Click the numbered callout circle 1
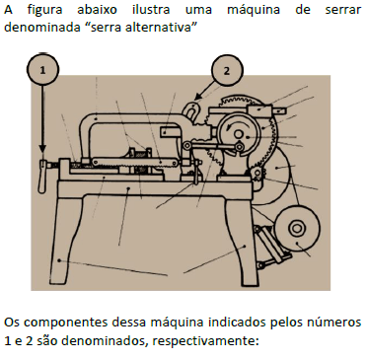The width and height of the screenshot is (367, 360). (x=42, y=70)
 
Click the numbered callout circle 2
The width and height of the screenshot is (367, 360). (x=227, y=70)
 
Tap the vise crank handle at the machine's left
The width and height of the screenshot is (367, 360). (x=42, y=176)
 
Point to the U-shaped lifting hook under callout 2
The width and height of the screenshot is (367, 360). (x=191, y=110)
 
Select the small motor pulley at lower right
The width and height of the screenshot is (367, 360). (x=297, y=228)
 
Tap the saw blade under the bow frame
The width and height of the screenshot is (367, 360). (x=135, y=162)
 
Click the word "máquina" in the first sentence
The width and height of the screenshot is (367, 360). (x=254, y=10)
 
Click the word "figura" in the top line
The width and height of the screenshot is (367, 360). (x=44, y=10)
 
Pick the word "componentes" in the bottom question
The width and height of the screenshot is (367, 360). (x=65, y=323)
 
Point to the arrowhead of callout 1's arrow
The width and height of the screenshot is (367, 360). (x=42, y=148)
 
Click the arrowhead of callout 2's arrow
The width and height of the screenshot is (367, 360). (x=198, y=97)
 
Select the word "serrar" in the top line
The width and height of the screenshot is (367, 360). (x=343, y=10)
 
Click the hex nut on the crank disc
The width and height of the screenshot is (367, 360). (x=239, y=146)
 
